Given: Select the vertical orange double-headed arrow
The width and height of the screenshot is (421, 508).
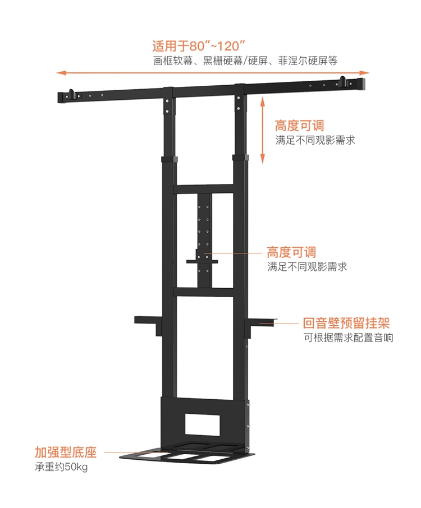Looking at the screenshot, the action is coord(263,129).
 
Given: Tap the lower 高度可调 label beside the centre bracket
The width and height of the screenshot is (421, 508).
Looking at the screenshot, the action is coord(291,252).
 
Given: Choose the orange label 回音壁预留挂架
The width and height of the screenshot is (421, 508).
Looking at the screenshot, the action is coord(346,324).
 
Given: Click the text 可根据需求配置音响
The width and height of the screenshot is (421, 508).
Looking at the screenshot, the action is coord(348,338).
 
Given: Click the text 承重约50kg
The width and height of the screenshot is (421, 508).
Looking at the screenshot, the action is coord(62,467).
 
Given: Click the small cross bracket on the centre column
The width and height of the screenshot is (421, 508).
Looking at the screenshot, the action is coord(204,259).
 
